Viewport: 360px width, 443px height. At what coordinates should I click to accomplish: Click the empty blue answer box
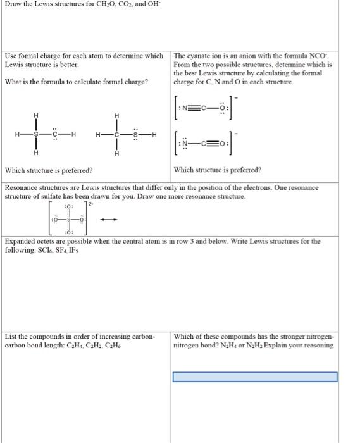click(x=255, y=377)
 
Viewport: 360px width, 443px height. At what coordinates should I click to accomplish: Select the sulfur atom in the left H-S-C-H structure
click(x=36, y=134)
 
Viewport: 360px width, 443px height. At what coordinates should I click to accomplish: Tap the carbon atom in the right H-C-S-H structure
click(x=117, y=134)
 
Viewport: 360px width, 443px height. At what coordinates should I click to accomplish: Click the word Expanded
click(x=22, y=242)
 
